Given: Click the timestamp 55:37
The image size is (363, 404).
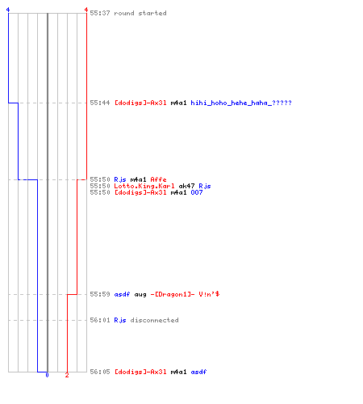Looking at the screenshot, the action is pyautogui.click(x=100, y=13).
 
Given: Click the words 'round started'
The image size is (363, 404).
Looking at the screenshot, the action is pyautogui.click(x=140, y=13).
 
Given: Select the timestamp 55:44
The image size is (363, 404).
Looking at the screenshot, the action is pyautogui.click(x=100, y=103).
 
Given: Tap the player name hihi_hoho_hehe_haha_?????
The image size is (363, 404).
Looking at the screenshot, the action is pyautogui.click(x=241, y=103).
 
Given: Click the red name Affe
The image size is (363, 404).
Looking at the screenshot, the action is pyautogui.click(x=158, y=179).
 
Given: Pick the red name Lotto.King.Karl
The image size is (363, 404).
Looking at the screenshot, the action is pyautogui.click(x=144, y=186).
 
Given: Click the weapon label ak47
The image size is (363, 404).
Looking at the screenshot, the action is pyautogui.click(x=186, y=186).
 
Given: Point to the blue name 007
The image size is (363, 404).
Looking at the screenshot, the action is pyautogui.click(x=197, y=192).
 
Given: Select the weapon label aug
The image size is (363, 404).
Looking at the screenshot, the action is pyautogui.click(x=140, y=294).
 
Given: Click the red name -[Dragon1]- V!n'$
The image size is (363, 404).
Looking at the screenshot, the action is pyautogui.click(x=185, y=294).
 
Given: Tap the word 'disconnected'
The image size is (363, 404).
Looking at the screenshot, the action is pyautogui.click(x=154, y=320).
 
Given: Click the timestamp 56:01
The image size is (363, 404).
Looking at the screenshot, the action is pyautogui.click(x=100, y=320).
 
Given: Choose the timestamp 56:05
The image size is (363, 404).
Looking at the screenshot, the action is pyautogui.click(x=100, y=372).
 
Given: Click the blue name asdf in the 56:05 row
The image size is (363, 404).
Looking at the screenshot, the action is pyautogui.click(x=198, y=372).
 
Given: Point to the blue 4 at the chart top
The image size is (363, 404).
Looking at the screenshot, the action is pyautogui.click(x=8, y=10).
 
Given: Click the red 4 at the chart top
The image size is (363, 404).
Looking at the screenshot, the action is pyautogui.click(x=86, y=10).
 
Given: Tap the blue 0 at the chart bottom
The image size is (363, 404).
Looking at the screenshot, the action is pyautogui.click(x=47, y=375).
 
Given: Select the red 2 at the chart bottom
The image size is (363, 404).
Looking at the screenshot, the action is pyautogui.click(x=67, y=375).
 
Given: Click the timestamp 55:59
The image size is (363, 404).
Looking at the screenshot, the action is pyautogui.click(x=100, y=294).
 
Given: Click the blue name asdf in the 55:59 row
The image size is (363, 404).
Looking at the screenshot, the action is pyautogui.click(x=122, y=294).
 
